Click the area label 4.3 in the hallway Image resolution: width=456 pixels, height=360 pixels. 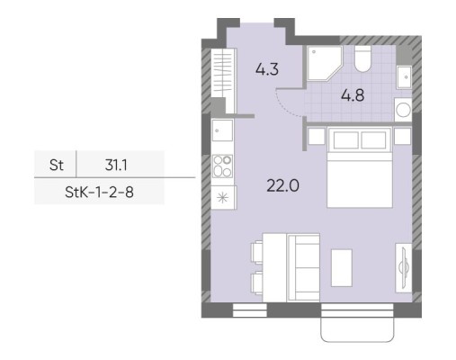pyautogui.click(x=267, y=69)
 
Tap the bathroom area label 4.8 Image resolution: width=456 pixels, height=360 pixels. pyautogui.click(x=353, y=95)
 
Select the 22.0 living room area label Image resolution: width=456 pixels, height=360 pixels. pyautogui.click(x=282, y=185)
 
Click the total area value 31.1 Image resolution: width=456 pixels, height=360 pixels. pyautogui.click(x=116, y=165)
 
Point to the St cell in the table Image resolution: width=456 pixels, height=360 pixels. pyautogui.click(x=57, y=165)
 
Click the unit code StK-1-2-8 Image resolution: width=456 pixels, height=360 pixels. pyautogui.click(x=99, y=193)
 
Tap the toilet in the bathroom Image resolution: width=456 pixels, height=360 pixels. pyautogui.click(x=362, y=59)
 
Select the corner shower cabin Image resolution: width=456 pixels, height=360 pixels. pyautogui.click(x=323, y=63)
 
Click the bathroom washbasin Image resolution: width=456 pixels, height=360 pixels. pyautogui.click(x=404, y=77)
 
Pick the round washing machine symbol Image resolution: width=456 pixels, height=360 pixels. pyautogui.click(x=403, y=110)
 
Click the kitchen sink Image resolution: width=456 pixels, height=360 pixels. pyautogui.click(x=222, y=130)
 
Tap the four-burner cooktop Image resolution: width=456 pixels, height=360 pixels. pyautogui.click(x=222, y=166)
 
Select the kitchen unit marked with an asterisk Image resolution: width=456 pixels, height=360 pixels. pyautogui.click(x=223, y=197)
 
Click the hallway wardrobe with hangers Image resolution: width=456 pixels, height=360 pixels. pyautogui.click(x=223, y=73)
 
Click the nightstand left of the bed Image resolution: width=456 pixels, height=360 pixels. pyautogui.click(x=317, y=136)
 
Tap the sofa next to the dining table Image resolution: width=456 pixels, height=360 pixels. pyautogui.click(x=303, y=267)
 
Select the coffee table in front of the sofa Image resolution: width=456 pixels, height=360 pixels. pyautogui.click(x=341, y=267)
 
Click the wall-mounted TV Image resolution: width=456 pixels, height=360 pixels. pyautogui.click(x=404, y=267)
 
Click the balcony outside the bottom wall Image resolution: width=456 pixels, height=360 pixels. pyautogui.click(x=357, y=329)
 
